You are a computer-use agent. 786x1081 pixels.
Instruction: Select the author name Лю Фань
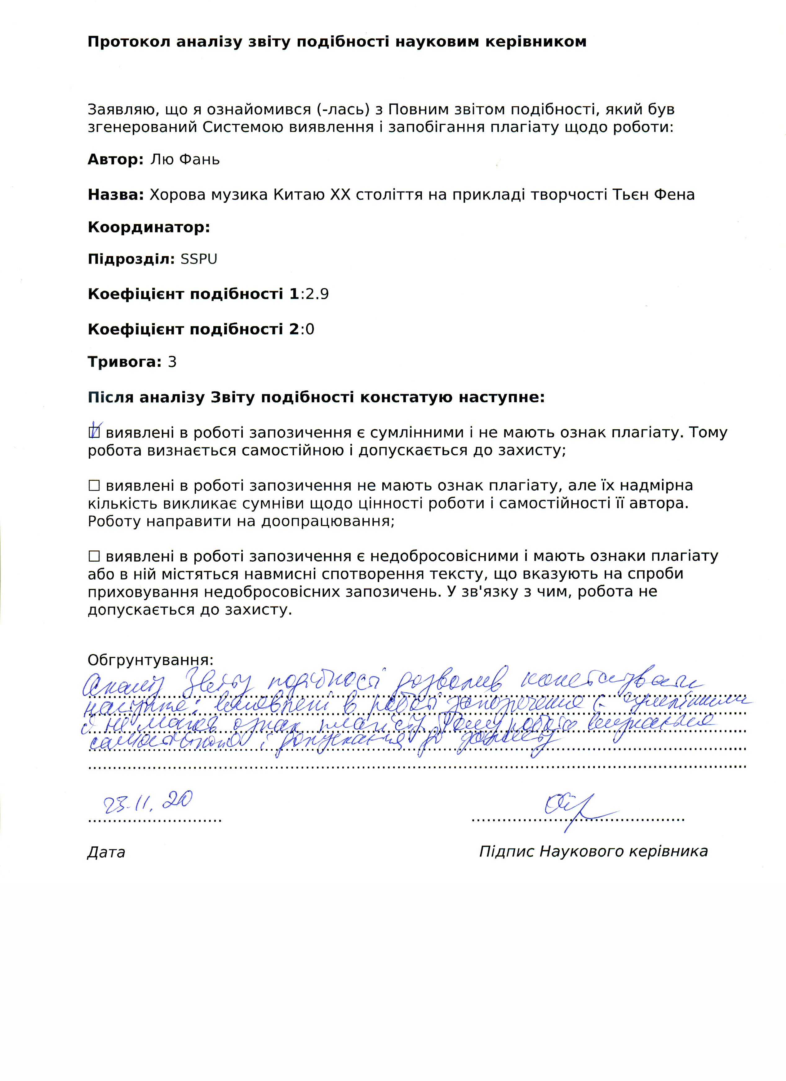pos(185,159)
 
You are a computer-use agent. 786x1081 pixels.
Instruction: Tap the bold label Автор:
pos(115,159)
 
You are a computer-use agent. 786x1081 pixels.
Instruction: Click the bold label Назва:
pos(115,194)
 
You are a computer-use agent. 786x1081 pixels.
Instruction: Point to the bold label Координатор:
pos(149,227)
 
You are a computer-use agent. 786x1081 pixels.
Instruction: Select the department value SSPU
pos(198,259)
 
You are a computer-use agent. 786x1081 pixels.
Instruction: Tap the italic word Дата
pos(106,852)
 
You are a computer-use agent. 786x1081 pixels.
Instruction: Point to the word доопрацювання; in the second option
pos(328,521)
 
